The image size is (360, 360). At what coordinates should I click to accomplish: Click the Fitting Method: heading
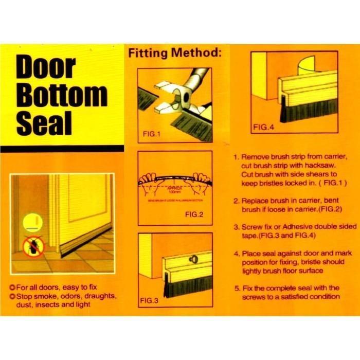coord(175,52)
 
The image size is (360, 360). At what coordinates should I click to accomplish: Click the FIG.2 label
coord(195,214)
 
